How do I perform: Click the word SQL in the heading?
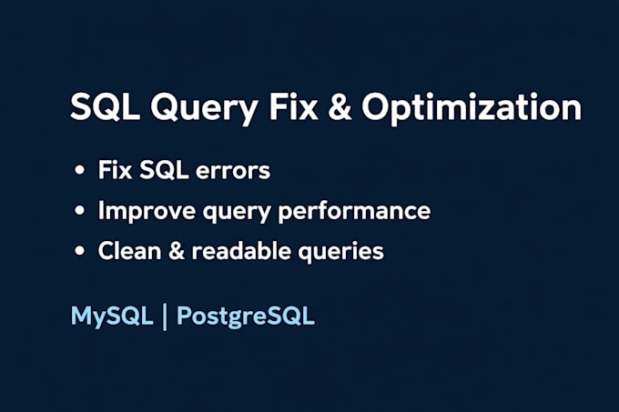(x=101, y=107)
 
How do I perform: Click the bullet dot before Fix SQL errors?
(x=83, y=171)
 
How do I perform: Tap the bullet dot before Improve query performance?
(x=83, y=211)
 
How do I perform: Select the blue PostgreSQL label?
(x=246, y=318)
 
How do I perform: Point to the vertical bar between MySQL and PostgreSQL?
(x=164, y=318)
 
